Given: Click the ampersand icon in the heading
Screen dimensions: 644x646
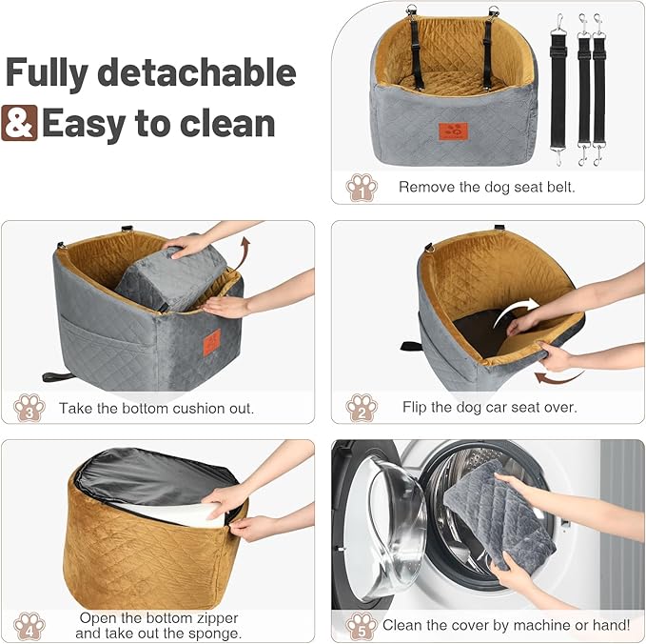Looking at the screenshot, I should [x=21, y=123].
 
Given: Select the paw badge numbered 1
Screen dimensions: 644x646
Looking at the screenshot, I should [x=362, y=187].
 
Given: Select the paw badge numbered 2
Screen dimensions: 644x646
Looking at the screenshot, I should [x=362, y=407].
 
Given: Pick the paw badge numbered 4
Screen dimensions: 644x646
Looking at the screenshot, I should [x=29, y=624].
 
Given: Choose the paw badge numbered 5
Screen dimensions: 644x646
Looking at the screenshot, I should [x=362, y=625].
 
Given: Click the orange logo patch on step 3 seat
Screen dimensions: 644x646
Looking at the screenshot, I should [x=211, y=341].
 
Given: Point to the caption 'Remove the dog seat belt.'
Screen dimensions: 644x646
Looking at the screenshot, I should [x=487, y=188].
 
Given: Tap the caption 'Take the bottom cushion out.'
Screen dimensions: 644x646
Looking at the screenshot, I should [x=156, y=408].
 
